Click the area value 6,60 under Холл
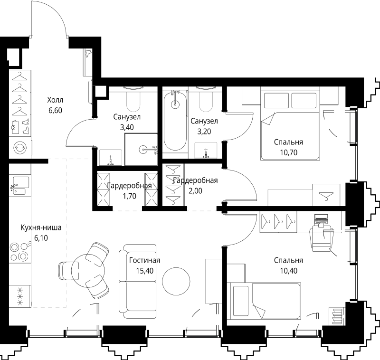click(x=55, y=111)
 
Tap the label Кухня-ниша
click(x=41, y=227)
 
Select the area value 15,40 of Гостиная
click(x=145, y=271)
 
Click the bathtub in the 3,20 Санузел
click(x=175, y=121)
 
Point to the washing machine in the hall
click(x=20, y=147)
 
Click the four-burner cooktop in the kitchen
click(x=20, y=252)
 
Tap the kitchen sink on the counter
click(x=20, y=186)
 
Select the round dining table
click(x=88, y=270)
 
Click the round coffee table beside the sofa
click(x=176, y=281)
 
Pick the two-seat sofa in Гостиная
click(x=137, y=281)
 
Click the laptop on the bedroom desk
click(x=321, y=220)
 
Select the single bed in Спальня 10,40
click(x=266, y=301)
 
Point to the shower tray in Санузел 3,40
click(x=141, y=150)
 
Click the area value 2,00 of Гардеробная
click(x=195, y=191)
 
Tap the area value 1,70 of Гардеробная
click(x=129, y=196)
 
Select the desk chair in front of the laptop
click(x=322, y=238)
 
